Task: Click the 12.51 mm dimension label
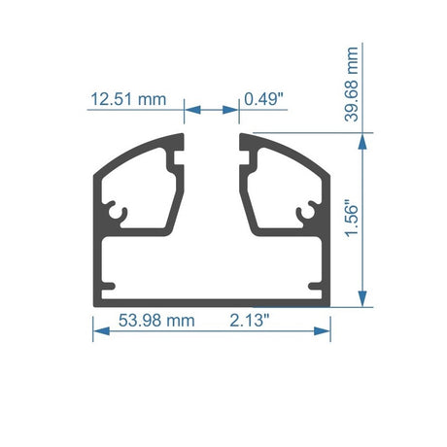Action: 128,99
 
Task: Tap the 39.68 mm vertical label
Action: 352,85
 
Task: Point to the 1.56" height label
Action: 352,221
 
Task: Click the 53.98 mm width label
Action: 156,321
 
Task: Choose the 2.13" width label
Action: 250,321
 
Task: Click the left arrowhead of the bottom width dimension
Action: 101,331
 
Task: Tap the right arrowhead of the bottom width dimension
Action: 322,331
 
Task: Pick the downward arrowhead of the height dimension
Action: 362,298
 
